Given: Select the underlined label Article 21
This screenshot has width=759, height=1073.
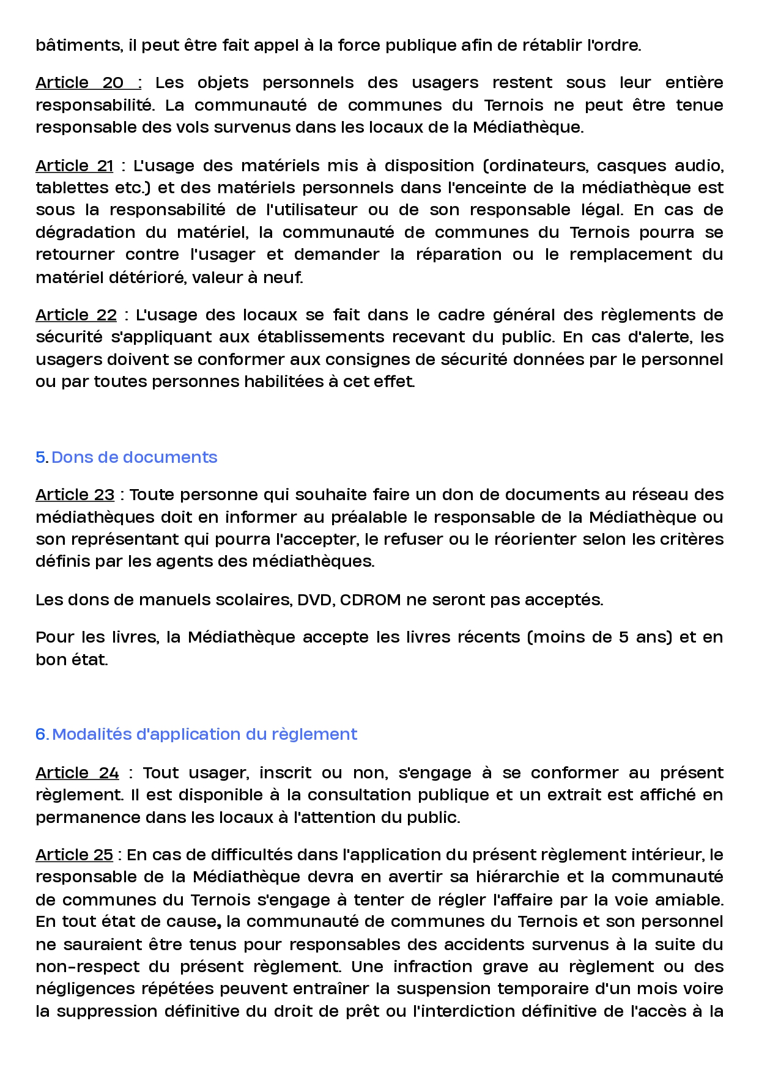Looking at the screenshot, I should (x=75, y=166).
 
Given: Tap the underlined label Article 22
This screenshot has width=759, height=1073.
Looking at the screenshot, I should (x=76, y=315).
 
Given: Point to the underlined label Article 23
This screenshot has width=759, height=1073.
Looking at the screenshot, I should (x=75, y=495).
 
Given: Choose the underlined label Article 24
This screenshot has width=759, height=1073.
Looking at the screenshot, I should (x=77, y=773).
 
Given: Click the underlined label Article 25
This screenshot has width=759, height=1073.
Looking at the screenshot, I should (x=74, y=855).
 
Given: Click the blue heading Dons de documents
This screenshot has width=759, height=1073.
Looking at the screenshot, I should (x=134, y=457).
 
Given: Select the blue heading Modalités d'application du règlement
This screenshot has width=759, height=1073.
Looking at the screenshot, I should (x=204, y=734).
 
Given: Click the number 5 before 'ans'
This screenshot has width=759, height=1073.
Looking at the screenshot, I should (x=623, y=637).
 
